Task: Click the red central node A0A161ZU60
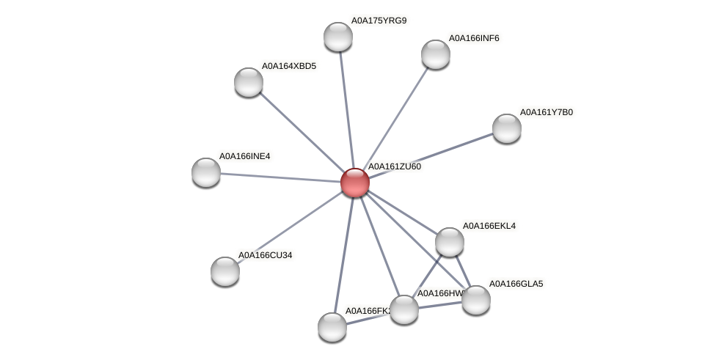(x=355, y=183)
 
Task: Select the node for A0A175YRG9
(x=338, y=37)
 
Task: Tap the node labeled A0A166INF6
(x=436, y=54)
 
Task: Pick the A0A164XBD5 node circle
(x=249, y=82)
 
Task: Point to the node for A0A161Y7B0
(x=507, y=128)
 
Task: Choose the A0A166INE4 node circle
(x=206, y=172)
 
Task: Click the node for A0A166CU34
(x=225, y=271)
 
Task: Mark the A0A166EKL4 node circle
(x=450, y=242)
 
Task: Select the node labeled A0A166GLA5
(x=476, y=299)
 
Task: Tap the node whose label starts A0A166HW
(x=404, y=309)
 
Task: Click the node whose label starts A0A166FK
(x=332, y=327)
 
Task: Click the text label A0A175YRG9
(x=379, y=21)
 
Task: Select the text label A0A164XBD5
(x=289, y=66)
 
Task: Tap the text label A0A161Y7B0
(x=547, y=112)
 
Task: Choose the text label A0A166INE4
(x=244, y=156)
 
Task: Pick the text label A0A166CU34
(x=265, y=255)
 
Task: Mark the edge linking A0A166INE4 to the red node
(x=279, y=177)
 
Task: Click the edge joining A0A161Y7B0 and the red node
(x=433, y=155)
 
